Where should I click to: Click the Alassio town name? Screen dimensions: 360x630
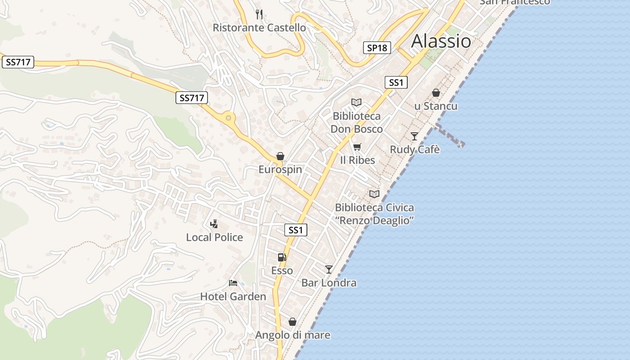pyautogui.click(x=441, y=41)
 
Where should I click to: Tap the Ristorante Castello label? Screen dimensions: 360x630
pyautogui.click(x=259, y=28)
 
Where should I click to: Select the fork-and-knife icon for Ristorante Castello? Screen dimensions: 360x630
pyautogui.click(x=259, y=14)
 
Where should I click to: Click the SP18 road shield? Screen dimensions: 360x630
pyautogui.click(x=377, y=48)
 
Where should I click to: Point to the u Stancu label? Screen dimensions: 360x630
pyautogui.click(x=436, y=106)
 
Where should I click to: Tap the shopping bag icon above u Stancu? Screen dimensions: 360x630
pyautogui.click(x=436, y=93)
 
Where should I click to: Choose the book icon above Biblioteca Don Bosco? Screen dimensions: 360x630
pyautogui.click(x=356, y=103)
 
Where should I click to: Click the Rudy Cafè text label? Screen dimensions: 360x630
pyautogui.click(x=414, y=149)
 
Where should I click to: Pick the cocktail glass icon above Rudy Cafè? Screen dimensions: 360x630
pyautogui.click(x=414, y=136)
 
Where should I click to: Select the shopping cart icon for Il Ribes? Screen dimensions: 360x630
pyautogui.click(x=357, y=147)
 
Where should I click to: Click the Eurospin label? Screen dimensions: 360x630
pyautogui.click(x=280, y=170)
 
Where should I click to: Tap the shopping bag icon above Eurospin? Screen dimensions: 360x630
pyautogui.click(x=280, y=156)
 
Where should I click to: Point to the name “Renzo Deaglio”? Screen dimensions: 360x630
pyautogui.click(x=374, y=220)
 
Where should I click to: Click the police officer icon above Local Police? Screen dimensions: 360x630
pyautogui.click(x=215, y=224)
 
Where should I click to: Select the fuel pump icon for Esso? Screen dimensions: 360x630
pyautogui.click(x=282, y=257)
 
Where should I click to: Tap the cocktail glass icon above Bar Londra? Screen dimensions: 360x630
pyautogui.click(x=329, y=269)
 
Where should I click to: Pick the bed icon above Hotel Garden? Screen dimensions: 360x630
pyautogui.click(x=233, y=283)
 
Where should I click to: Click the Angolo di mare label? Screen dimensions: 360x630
pyautogui.click(x=292, y=335)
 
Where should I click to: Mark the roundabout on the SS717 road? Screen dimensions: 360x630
pyautogui.click(x=229, y=118)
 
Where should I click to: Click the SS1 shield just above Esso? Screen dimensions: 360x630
pyautogui.click(x=296, y=230)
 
